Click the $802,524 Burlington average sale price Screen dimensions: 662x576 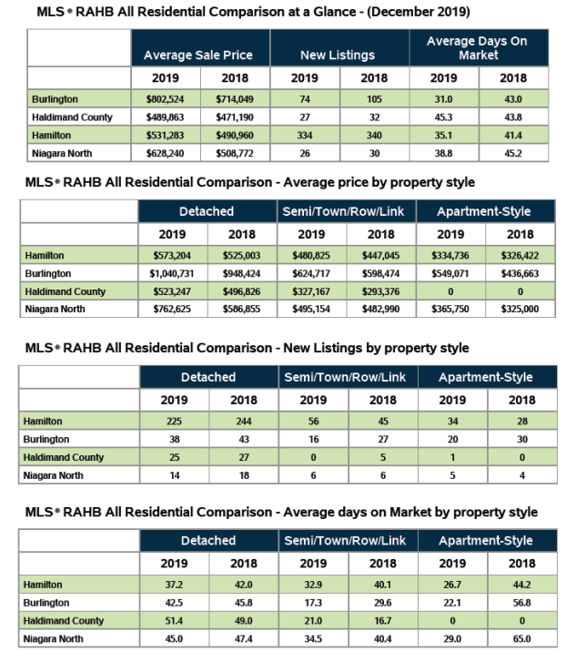166,98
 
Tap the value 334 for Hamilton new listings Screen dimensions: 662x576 305,135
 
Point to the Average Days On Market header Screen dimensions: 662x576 479,47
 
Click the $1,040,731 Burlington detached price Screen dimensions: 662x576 173,273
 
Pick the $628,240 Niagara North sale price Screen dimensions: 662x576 166,152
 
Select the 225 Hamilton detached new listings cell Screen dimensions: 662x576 173,421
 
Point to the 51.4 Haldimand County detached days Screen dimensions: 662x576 173,620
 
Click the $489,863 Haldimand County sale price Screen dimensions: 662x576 166,117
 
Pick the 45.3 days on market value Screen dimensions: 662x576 444,117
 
